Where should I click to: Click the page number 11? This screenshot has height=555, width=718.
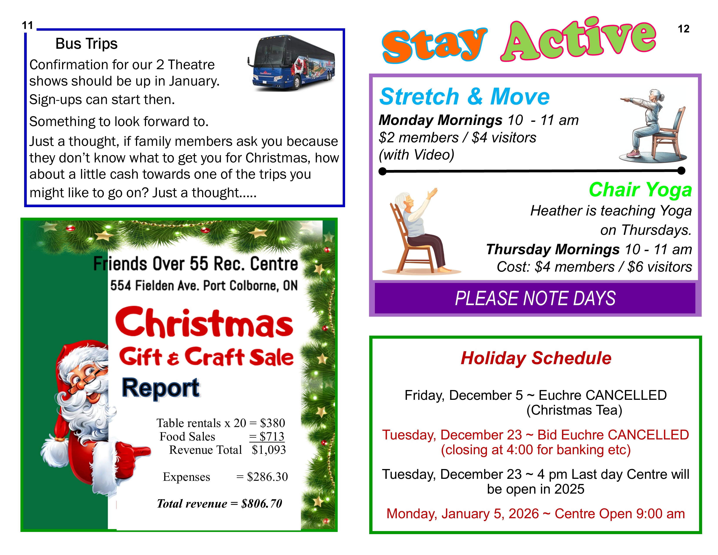point(28,25)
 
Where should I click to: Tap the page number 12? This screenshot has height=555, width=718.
point(683,29)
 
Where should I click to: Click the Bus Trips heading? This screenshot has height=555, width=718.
point(86,44)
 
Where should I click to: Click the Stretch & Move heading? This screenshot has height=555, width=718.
point(464,97)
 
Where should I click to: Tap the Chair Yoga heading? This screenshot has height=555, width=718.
point(640,190)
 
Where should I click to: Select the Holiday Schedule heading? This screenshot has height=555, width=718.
point(536,358)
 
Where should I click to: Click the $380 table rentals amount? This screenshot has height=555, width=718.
point(273,423)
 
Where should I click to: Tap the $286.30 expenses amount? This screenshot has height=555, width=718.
point(267,477)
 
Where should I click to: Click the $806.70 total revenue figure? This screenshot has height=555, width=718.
point(262,504)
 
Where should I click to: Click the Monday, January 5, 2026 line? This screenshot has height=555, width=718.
point(535,514)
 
